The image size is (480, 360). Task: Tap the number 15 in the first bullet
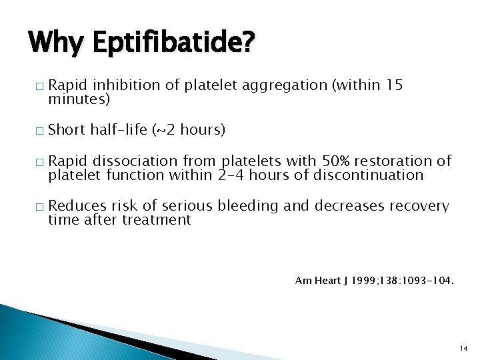(x=394, y=85)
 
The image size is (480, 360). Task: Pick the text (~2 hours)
(x=189, y=130)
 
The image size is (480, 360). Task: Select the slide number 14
(x=465, y=348)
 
